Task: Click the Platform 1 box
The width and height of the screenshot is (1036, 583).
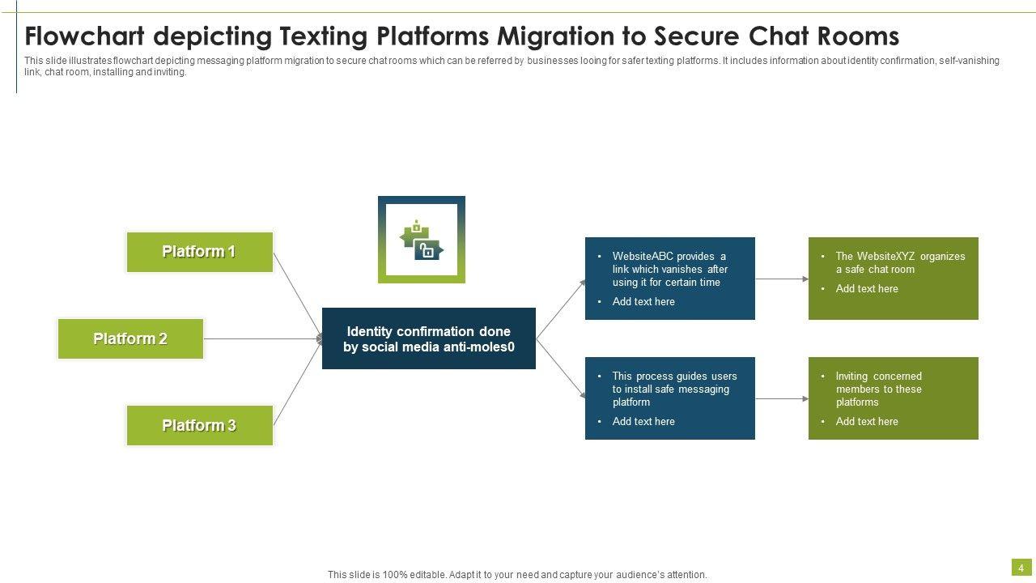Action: (200, 252)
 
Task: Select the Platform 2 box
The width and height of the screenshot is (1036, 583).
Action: (130, 338)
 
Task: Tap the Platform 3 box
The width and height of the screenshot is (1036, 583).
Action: (200, 426)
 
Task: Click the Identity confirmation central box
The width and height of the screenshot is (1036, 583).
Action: (429, 338)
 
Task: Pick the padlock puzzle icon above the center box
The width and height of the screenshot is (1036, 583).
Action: (422, 240)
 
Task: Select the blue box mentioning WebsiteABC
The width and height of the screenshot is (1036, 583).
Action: (670, 279)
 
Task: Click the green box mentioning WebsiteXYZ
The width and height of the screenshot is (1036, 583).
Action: (894, 279)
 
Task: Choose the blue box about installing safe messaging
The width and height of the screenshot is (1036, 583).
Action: (670, 398)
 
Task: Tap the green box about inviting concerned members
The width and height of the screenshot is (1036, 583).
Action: (894, 398)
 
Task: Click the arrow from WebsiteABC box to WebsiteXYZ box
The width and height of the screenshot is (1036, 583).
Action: (782, 279)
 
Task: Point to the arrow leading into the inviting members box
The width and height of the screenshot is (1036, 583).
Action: (782, 399)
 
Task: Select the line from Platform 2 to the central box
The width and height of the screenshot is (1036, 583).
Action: (263, 338)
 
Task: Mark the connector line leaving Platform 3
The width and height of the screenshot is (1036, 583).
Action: (297, 383)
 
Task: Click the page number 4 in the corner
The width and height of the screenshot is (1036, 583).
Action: (1021, 568)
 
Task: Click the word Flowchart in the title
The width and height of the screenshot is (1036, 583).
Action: (85, 36)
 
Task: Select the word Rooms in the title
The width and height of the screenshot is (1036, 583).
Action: (858, 36)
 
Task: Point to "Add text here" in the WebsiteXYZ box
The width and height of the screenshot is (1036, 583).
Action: (867, 289)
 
